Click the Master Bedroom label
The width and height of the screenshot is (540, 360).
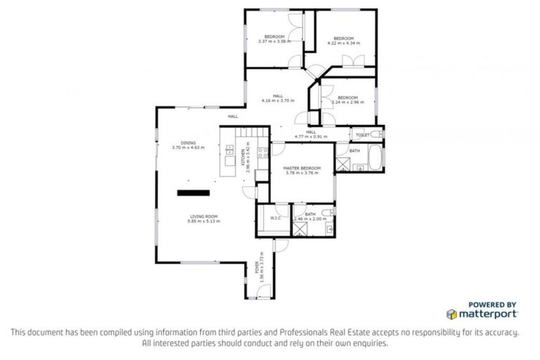pyautogui.click(x=302, y=169)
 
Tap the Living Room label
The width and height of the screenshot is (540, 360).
pyautogui.click(x=203, y=216)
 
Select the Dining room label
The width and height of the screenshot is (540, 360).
pyautogui.click(x=188, y=143)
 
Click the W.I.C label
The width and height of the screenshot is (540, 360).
pyautogui.click(x=276, y=217)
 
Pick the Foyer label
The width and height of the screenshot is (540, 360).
pyautogui.click(x=257, y=268)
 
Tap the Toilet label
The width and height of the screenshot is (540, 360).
pyautogui.click(x=362, y=134)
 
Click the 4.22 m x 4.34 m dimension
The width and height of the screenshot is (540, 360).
pyautogui.click(x=343, y=43)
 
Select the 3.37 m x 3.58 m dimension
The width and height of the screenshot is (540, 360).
pyautogui.click(x=274, y=41)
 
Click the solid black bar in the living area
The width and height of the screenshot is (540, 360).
pyautogui.click(x=193, y=192)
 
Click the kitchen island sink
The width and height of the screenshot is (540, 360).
pyautogui.click(x=230, y=149)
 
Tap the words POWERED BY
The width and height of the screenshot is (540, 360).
pyautogui.click(x=492, y=304)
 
